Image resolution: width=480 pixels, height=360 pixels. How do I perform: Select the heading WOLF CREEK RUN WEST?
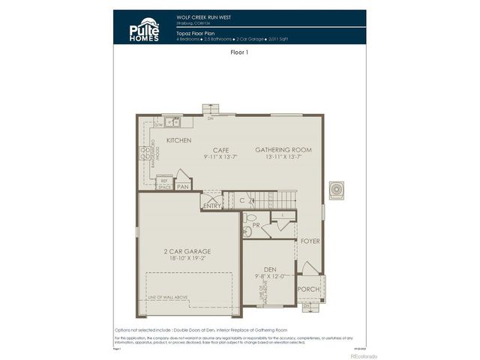click(x=203, y=16)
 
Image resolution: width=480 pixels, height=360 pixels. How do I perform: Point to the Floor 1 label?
click(x=239, y=53)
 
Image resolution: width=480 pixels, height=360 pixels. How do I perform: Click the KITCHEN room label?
click(x=178, y=140)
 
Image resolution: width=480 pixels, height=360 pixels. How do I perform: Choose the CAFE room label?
click(x=220, y=149)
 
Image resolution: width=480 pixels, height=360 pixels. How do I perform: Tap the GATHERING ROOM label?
click(x=283, y=149)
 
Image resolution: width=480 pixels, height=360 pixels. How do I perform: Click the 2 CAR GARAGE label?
click(x=187, y=251)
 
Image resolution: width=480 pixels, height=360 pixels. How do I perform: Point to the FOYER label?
click(x=310, y=241)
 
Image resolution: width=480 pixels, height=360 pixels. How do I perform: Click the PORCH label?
click(x=307, y=288)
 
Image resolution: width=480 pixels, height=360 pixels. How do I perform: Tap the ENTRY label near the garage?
click(x=212, y=205)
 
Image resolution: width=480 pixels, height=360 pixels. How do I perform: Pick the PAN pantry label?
click(x=182, y=186)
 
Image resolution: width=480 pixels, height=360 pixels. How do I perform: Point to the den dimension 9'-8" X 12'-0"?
click(x=269, y=275)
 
